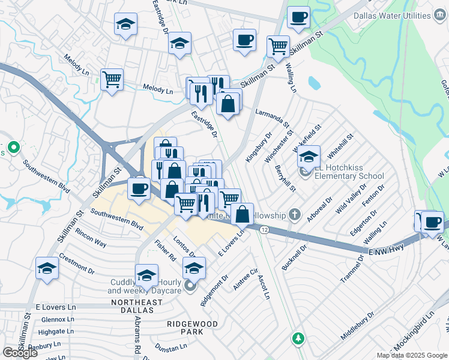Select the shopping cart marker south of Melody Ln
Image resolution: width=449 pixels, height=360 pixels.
click(112, 80)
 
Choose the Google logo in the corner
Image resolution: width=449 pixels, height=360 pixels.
click(20, 353)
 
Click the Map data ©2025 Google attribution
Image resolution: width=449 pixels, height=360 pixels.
click(412, 355)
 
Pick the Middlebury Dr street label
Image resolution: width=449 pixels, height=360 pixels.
click(358, 325)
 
